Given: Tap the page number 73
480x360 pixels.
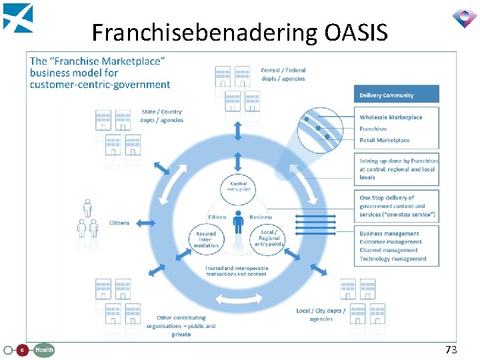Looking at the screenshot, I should point(451,349).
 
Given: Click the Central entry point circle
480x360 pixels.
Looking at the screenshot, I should point(238,187).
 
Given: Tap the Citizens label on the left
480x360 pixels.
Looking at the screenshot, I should point(120,223).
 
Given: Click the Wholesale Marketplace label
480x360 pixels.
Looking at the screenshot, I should point(391,117).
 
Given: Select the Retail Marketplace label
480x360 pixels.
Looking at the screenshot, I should point(385,140).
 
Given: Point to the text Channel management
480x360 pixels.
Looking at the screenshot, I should point(389,250).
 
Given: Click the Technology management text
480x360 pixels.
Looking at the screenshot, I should point(393,259).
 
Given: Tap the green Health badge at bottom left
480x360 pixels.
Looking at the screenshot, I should point(44,349).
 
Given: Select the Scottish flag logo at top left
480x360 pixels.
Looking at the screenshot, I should point(17,17).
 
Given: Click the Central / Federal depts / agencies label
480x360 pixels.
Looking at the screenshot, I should point(283,75).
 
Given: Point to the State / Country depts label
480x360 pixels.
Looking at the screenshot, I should point(161,116).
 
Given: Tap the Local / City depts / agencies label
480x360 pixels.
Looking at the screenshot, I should point(321,315).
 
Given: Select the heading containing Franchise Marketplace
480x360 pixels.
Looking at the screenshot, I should point(100,73).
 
